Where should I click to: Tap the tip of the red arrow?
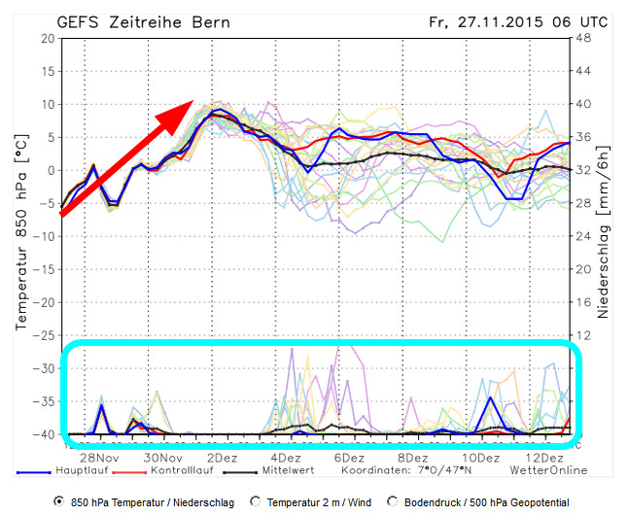point(192,101)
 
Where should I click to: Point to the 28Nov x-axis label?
point(100,457)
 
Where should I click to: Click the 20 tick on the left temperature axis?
point(46,39)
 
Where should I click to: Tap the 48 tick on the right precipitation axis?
point(585,39)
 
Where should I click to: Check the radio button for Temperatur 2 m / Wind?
point(257,501)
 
